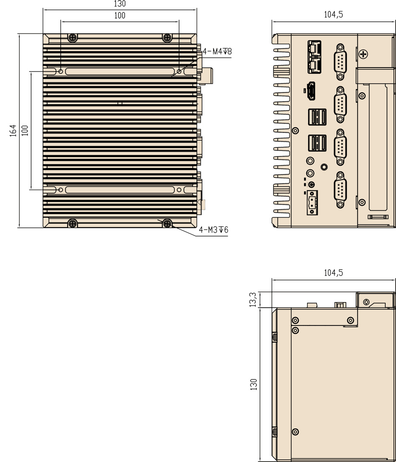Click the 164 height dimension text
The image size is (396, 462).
tap(13, 131)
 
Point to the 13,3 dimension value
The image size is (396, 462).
tap(253, 299)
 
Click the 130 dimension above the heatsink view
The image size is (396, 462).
tap(120, 4)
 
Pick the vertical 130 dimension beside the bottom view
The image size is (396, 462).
tap(254, 385)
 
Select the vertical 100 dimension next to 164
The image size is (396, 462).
tap(25, 131)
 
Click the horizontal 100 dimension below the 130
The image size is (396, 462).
tap(120, 16)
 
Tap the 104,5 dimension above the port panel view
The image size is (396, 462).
tap(333, 14)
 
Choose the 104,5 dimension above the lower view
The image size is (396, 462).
tap(333, 273)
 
